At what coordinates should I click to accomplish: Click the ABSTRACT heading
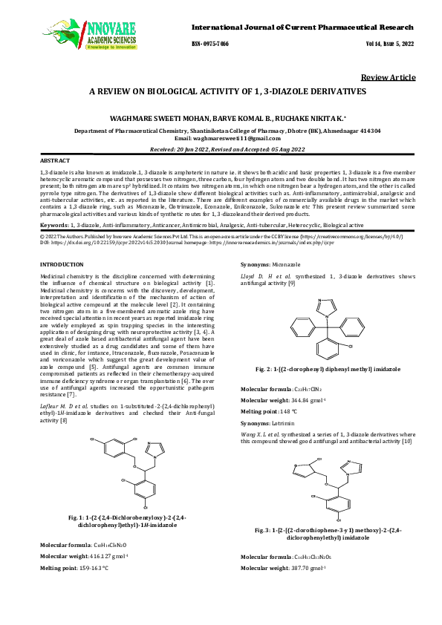point(55,160)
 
